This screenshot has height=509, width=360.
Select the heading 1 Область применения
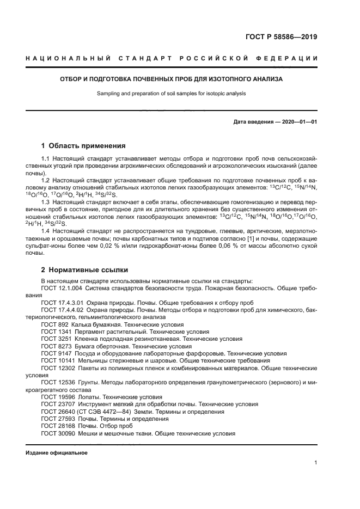[83, 146]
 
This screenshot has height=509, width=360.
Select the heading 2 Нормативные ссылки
[84, 269]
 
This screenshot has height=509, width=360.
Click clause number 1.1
[46, 158]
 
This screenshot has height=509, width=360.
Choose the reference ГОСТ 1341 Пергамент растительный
[87, 331]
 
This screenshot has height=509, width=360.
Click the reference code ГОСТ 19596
[56, 397]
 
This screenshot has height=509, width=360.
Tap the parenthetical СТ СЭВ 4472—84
[103, 412]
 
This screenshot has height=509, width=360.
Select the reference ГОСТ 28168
[56, 426]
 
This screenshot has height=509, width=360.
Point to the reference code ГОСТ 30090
[56, 433]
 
